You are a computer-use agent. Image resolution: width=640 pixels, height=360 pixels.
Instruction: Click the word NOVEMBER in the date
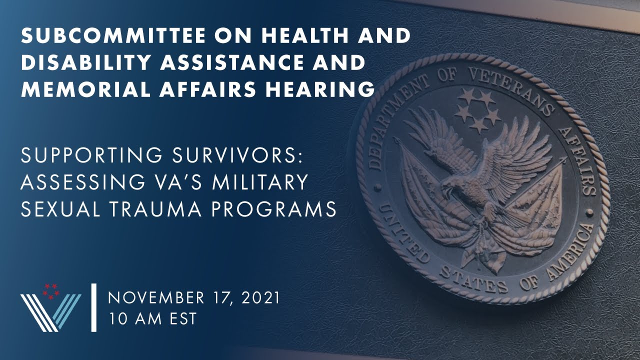tap(156, 298)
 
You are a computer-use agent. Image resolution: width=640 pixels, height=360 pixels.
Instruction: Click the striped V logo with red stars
tap(50, 307)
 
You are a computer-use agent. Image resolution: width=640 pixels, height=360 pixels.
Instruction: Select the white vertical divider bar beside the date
tap(93, 307)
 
